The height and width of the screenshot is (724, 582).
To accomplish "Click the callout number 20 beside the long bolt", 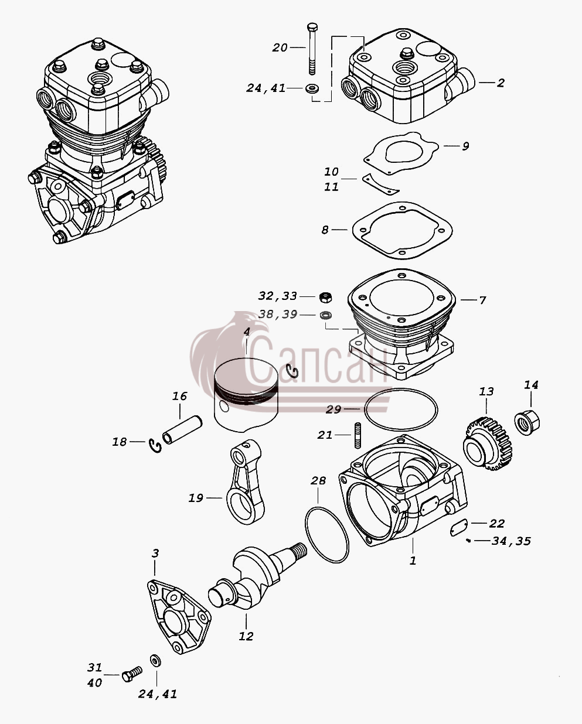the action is pos(280,48).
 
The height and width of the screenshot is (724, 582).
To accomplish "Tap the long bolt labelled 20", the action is pos(312,49).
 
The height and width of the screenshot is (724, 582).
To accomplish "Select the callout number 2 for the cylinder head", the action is pos(501,83).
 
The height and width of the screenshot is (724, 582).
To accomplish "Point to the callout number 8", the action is pos(325,230).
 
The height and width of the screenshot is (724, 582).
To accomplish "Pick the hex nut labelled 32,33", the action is pos(325,297).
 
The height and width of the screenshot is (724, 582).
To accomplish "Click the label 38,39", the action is pos(278,315).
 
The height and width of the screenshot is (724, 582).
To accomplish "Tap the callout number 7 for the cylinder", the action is pos(482,300).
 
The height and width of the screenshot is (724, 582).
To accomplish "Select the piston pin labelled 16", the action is pos(182,429).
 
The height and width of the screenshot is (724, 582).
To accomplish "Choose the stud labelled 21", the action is pos(358,435).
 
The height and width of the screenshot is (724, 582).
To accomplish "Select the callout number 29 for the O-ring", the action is pos(333,409).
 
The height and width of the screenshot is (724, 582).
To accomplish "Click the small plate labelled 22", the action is pos(459,528).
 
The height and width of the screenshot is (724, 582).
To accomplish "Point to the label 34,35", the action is pos(511,541).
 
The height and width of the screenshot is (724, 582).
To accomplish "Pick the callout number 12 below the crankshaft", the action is pos(246,636).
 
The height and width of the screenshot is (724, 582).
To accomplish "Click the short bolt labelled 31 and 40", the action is pos(132,674).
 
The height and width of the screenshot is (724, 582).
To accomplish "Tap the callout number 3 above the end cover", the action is pos(155,553).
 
